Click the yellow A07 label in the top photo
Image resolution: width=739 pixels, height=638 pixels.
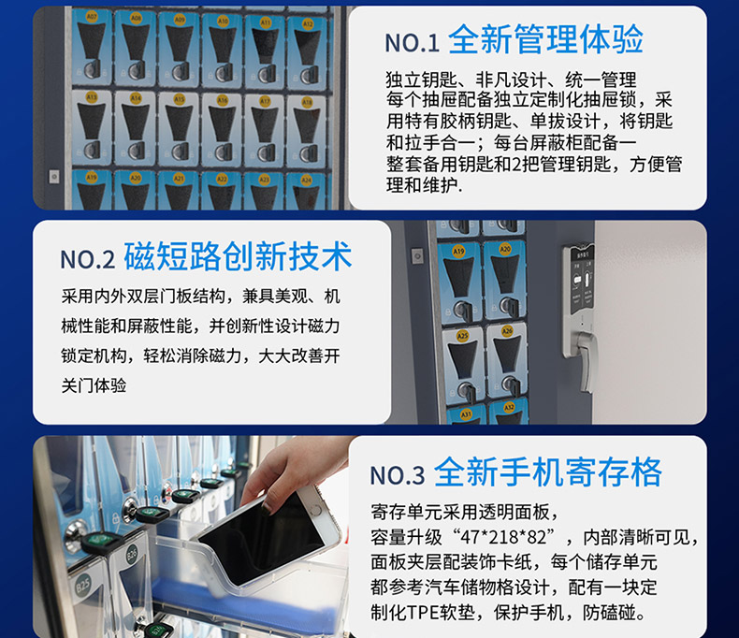click(x=92, y=17)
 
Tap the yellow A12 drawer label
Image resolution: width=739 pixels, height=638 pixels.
click(x=308, y=23)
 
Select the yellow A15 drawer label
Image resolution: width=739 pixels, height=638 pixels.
click(x=179, y=99)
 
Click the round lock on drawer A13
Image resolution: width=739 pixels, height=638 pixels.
click(x=92, y=150)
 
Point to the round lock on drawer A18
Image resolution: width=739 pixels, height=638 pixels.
click(x=309, y=152)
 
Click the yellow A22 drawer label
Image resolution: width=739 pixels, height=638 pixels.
click(x=222, y=179)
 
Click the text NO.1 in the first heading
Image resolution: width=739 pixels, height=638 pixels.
click(x=412, y=43)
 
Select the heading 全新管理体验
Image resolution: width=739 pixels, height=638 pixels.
click(x=545, y=39)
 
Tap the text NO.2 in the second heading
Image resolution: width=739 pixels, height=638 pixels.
click(x=88, y=259)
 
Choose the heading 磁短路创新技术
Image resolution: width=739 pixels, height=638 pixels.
click(x=238, y=256)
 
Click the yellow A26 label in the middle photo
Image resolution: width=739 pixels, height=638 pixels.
click(x=507, y=331)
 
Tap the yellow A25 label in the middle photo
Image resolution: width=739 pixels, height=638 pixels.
click(x=462, y=336)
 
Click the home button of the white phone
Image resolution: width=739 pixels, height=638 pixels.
click(x=315, y=509)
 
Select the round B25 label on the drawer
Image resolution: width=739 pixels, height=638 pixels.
click(x=82, y=587)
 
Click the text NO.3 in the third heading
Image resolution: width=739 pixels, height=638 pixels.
click(x=397, y=475)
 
